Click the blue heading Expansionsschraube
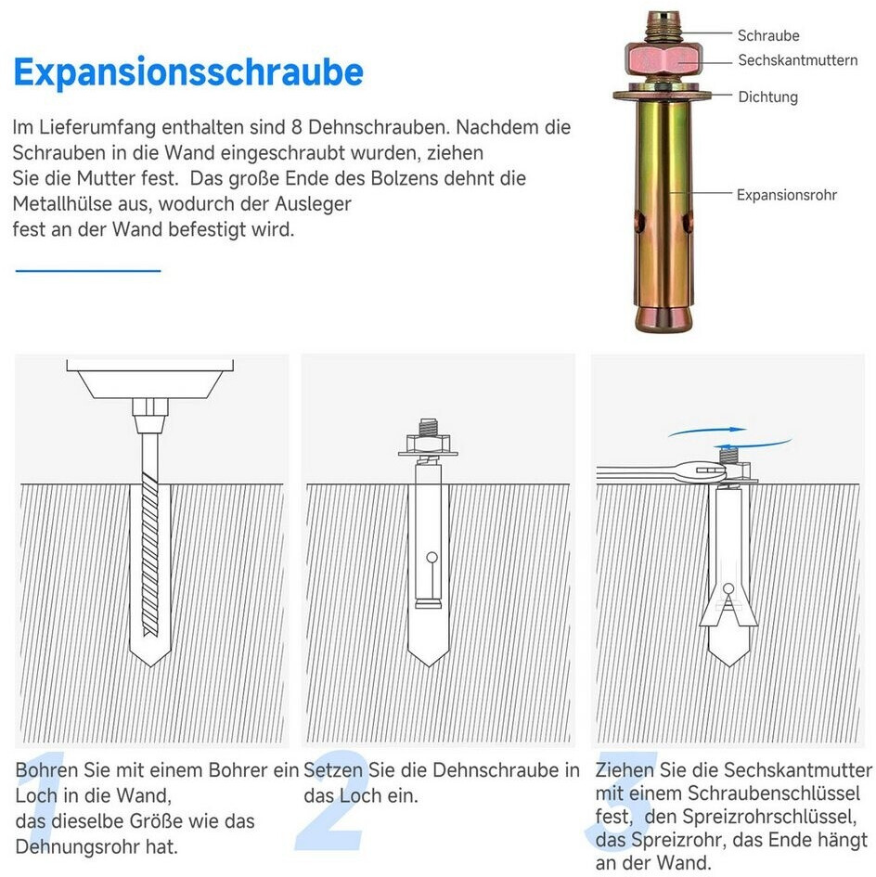[x=188, y=72]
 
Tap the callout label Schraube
[x=768, y=36]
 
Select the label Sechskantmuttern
[x=798, y=60]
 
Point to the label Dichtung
[x=768, y=97]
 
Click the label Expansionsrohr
[x=787, y=195]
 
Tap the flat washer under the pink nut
[x=663, y=94]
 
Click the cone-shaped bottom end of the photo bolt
[x=663, y=318]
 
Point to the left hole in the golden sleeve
[x=639, y=222]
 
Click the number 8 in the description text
[x=296, y=127]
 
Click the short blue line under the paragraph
[x=88, y=271]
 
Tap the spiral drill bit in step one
[x=150, y=554]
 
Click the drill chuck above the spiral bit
[x=150, y=416]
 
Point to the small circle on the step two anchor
[x=432, y=558]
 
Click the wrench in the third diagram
[x=660, y=473]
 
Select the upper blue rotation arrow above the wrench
[x=708, y=432]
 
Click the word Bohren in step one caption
[x=47, y=770]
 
